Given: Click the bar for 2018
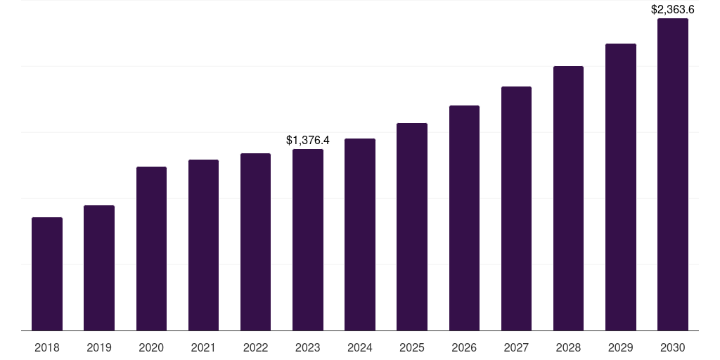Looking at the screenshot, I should coord(47,274).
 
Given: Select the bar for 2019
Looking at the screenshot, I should coord(99,268).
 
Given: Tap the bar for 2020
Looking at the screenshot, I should coord(151,249).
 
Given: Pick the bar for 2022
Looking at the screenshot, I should coord(255,242).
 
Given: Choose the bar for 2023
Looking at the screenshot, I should coord(308,240).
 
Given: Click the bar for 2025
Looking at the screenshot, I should coord(412,227).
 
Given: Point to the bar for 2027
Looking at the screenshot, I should coord(516,209).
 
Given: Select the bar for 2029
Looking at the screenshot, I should coord(620,187).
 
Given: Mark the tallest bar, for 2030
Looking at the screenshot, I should coord(672,174).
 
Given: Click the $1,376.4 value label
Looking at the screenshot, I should coord(308,141).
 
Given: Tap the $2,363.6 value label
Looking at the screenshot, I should coord(672,9).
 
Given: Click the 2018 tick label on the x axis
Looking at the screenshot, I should coord(47,347).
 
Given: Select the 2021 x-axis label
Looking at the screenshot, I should coord(203,347).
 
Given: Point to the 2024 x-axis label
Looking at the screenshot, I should coord(360,347).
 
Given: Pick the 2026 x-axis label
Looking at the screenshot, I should coord(464,347).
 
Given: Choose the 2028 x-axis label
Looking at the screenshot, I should coord(568,347).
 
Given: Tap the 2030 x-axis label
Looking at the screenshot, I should coord(672,347).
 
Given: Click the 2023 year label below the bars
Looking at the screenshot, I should coord(308,347).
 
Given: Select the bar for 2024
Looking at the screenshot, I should coord(360,235).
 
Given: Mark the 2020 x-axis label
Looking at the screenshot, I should coord(151,347).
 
